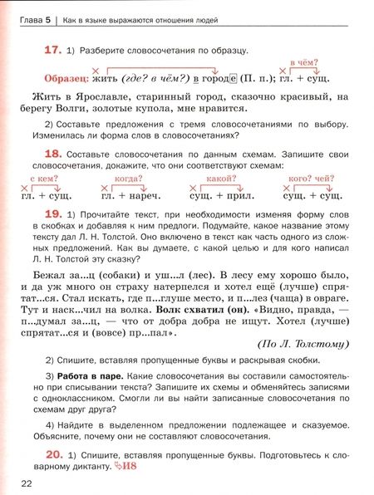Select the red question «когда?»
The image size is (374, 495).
point(126,179)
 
